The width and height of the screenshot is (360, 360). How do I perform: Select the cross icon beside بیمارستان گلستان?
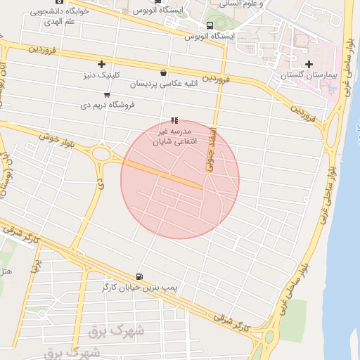point(309,65)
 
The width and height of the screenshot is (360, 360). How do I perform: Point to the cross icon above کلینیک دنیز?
point(101,64)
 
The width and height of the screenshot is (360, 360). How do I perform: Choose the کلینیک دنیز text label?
point(103,75)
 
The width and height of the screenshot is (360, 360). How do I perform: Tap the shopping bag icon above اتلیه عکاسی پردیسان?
point(163,72)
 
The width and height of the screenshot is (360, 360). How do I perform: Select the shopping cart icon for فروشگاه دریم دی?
point(106,94)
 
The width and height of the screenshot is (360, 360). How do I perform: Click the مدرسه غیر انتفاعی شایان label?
point(172,136)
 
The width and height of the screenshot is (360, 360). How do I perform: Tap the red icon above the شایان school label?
point(174,120)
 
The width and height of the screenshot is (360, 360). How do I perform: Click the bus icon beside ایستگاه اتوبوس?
point(210,26)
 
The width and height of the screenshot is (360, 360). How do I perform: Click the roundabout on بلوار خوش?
point(101,153)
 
